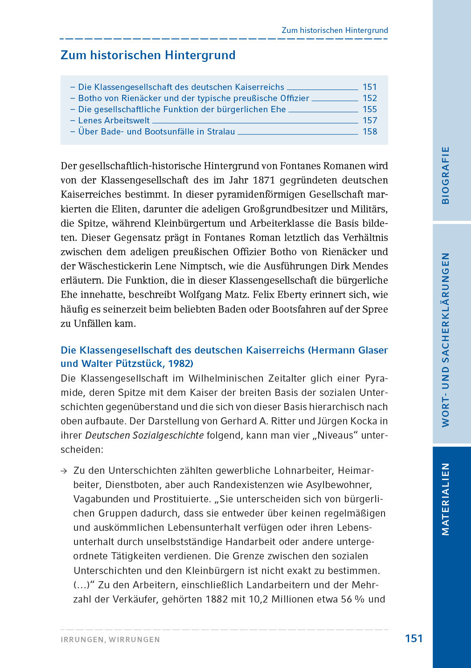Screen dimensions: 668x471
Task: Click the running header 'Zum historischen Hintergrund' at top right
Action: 335,30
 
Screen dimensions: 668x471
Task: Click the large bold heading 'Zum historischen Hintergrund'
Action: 148,55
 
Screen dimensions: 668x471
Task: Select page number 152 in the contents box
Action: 369,98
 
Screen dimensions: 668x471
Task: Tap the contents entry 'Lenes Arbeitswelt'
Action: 114,120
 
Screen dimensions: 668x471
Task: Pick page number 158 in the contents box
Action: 369,131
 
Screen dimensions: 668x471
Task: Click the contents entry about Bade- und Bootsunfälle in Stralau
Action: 156,131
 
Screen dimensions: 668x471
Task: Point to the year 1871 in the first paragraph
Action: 263,180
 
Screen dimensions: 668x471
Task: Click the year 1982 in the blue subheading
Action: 179,363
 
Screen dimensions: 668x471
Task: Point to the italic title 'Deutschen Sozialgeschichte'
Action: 144,435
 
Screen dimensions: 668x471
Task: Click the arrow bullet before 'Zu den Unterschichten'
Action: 64,471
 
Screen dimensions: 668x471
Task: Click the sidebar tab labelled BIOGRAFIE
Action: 445,175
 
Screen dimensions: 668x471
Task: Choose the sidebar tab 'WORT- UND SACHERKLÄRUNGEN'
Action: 445,340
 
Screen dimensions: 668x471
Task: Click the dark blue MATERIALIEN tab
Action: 445,499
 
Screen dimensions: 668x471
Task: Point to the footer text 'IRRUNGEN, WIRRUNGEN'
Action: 110,639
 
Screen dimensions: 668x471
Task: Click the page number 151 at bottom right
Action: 414,639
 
